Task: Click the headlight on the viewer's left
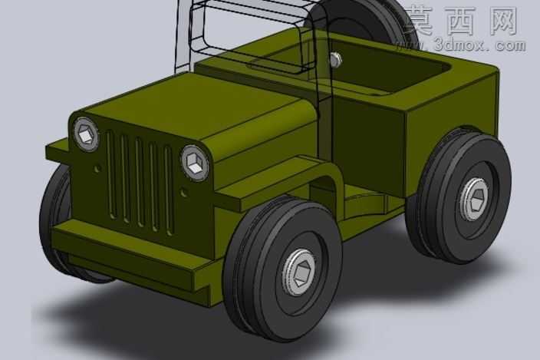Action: [86, 134]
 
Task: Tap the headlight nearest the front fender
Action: [195, 163]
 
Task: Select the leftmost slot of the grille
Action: [111, 174]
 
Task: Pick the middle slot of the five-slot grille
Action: [140, 183]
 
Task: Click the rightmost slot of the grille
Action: [168, 190]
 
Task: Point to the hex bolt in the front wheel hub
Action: [299, 272]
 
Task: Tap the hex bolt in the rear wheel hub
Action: [475, 199]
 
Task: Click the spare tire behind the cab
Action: [361, 21]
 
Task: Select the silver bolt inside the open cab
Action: [335, 59]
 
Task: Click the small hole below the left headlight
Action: [97, 169]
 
